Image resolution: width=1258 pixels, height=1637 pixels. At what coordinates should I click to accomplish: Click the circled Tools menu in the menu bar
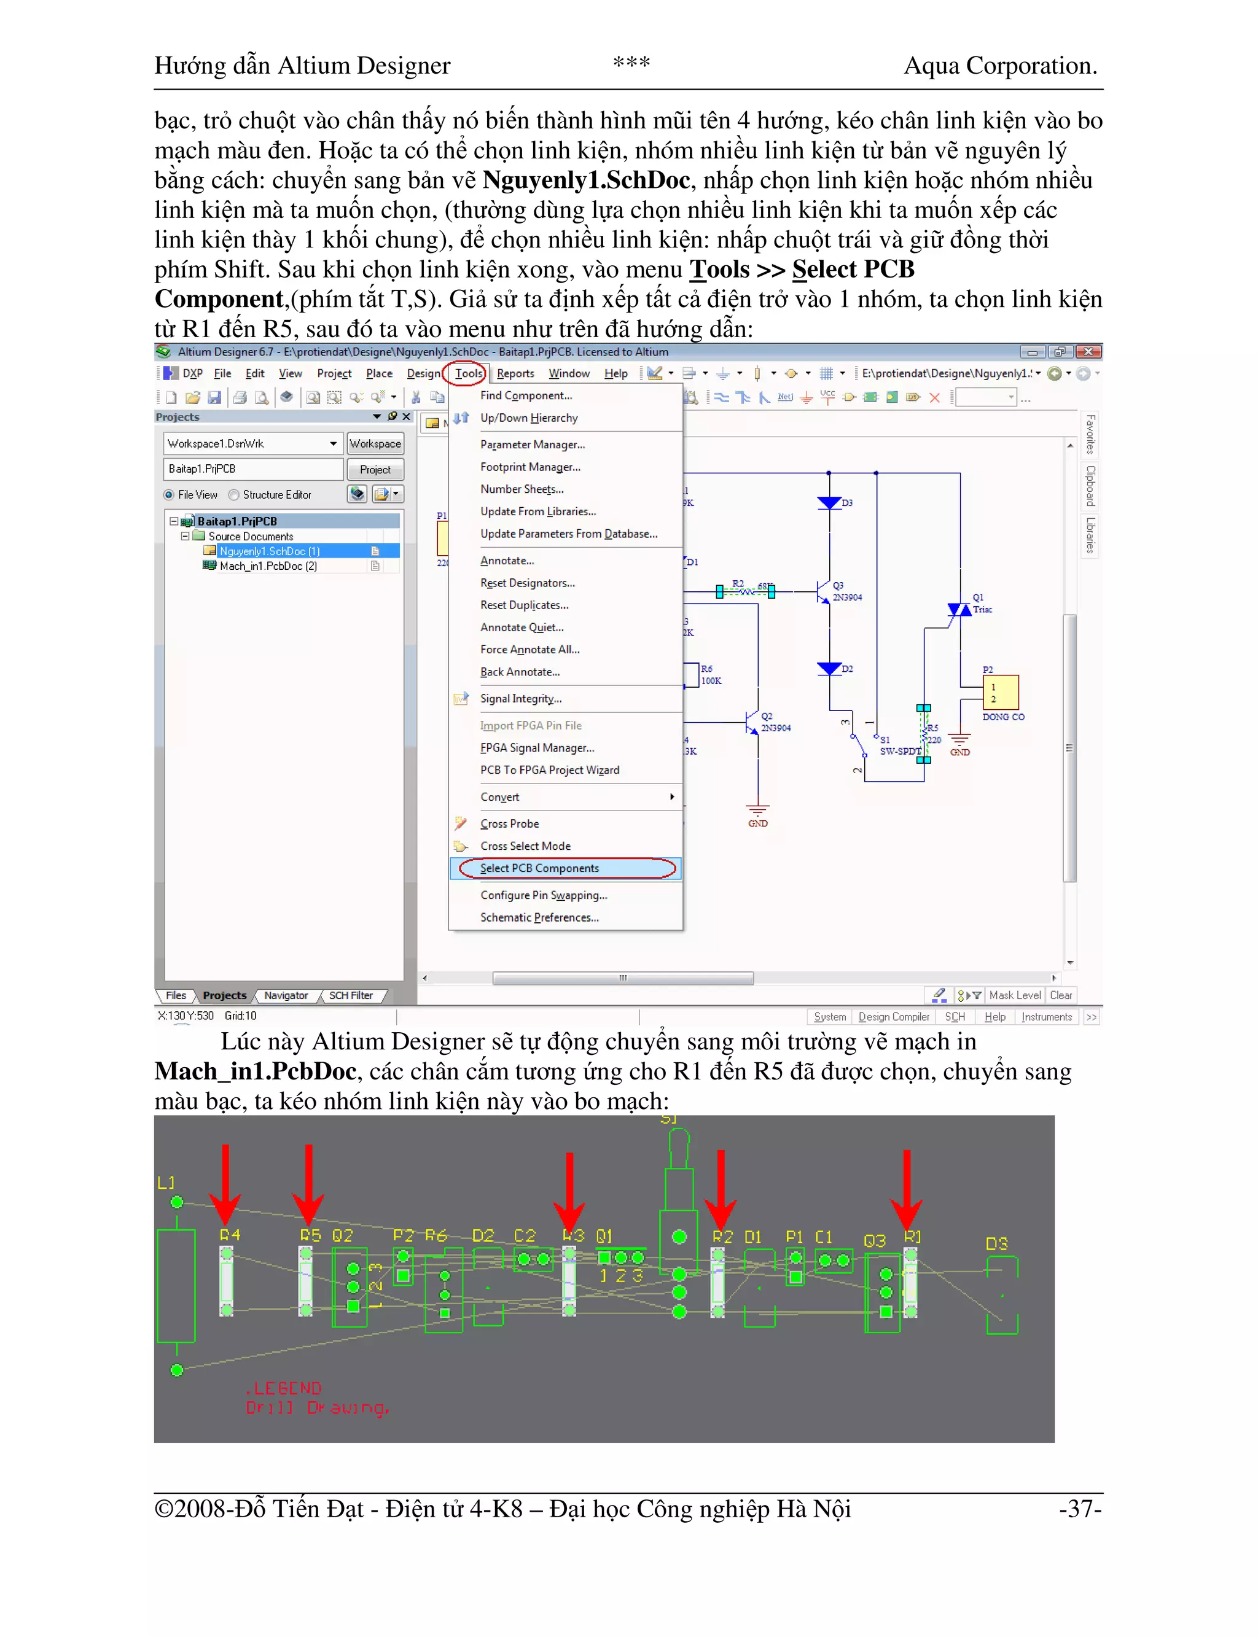(468, 373)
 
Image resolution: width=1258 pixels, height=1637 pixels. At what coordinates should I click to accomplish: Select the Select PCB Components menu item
(539, 868)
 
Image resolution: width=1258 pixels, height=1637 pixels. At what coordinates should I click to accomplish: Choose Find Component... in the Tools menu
(526, 395)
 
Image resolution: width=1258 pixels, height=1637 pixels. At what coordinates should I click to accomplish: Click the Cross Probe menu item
(509, 823)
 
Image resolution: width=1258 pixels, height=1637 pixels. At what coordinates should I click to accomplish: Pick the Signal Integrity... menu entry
(520, 698)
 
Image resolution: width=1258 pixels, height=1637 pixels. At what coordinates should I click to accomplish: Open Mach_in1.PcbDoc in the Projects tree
(267, 566)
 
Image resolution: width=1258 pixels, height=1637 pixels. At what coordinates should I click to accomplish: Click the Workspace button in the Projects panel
(375, 443)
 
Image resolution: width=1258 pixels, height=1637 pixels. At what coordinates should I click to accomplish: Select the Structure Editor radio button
(235, 495)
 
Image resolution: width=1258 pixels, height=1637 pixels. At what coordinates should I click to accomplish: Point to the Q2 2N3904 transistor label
(775, 722)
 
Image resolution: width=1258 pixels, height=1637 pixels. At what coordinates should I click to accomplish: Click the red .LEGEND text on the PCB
(284, 1388)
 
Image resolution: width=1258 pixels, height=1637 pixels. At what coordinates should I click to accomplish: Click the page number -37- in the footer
(1080, 1508)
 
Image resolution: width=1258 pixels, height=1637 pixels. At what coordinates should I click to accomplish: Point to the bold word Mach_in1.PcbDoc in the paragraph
(254, 1071)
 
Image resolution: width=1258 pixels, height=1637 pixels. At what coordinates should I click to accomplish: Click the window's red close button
(1088, 352)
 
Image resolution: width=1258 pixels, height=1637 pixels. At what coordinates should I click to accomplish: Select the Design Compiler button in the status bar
(893, 1016)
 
